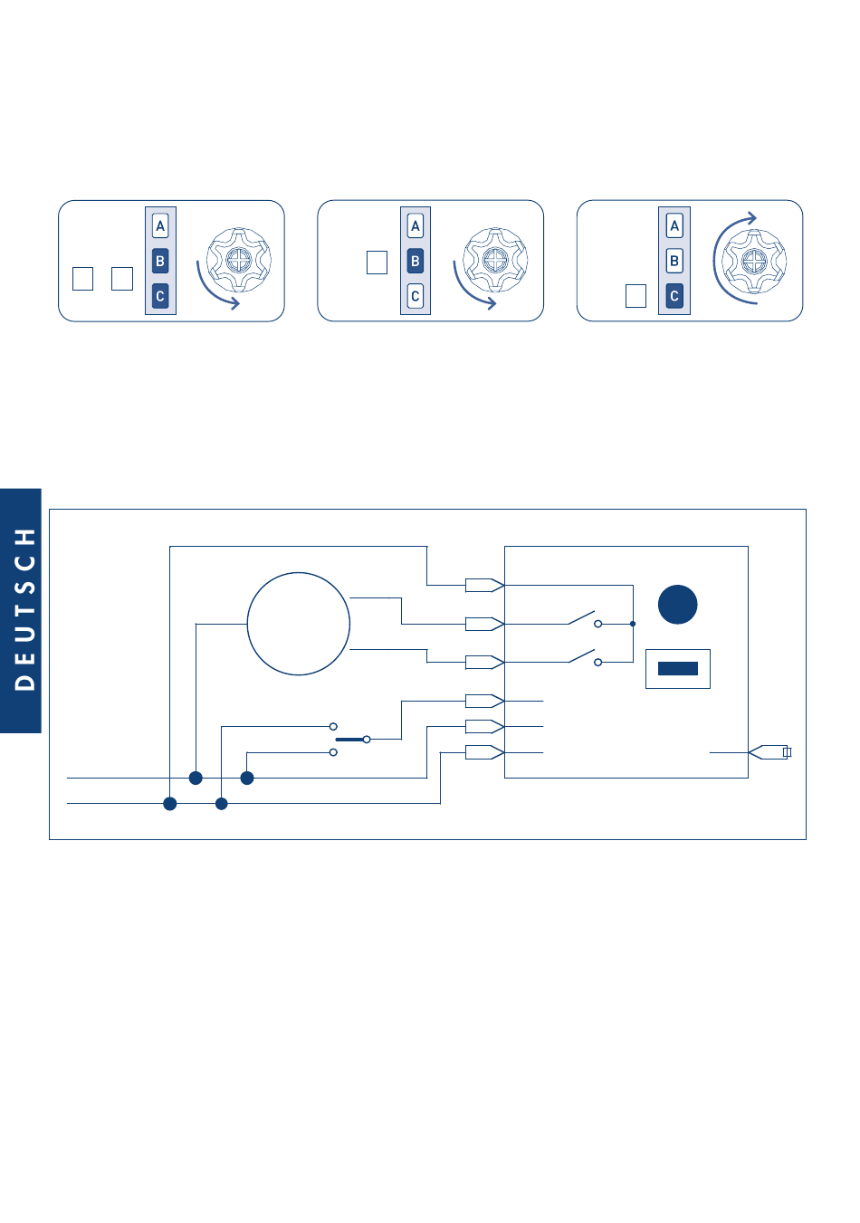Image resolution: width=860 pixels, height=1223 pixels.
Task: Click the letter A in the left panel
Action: coord(160,226)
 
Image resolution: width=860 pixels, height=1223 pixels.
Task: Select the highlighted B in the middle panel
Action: coord(416,261)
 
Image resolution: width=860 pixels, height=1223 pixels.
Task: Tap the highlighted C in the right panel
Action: coord(674,296)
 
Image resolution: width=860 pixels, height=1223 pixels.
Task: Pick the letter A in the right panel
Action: coord(674,226)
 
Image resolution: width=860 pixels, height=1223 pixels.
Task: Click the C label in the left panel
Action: coord(160,296)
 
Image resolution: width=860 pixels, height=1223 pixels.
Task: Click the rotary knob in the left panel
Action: coord(238,261)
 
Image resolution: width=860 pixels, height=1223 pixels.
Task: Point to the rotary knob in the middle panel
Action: coord(495,261)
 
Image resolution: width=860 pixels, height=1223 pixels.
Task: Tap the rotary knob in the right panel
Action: coord(754,261)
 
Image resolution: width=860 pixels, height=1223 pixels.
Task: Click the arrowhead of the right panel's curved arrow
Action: coord(750,218)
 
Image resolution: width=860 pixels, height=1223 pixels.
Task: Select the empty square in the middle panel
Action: coord(377,263)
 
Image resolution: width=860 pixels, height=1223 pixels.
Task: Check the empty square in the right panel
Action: coord(635,296)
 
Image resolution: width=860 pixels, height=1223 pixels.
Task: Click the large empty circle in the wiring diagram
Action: coord(299,624)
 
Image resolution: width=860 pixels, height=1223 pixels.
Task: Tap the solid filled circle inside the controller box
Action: coord(677,605)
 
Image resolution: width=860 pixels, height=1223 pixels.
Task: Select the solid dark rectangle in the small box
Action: coord(677,669)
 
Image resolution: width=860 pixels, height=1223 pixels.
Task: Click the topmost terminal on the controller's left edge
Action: coord(484,586)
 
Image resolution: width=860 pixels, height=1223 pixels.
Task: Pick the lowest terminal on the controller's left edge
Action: coord(484,752)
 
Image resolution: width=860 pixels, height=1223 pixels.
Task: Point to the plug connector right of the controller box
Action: coord(770,752)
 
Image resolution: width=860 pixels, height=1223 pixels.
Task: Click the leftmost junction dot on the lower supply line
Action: coord(170,804)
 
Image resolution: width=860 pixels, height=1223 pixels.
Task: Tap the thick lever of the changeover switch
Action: coord(351,740)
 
